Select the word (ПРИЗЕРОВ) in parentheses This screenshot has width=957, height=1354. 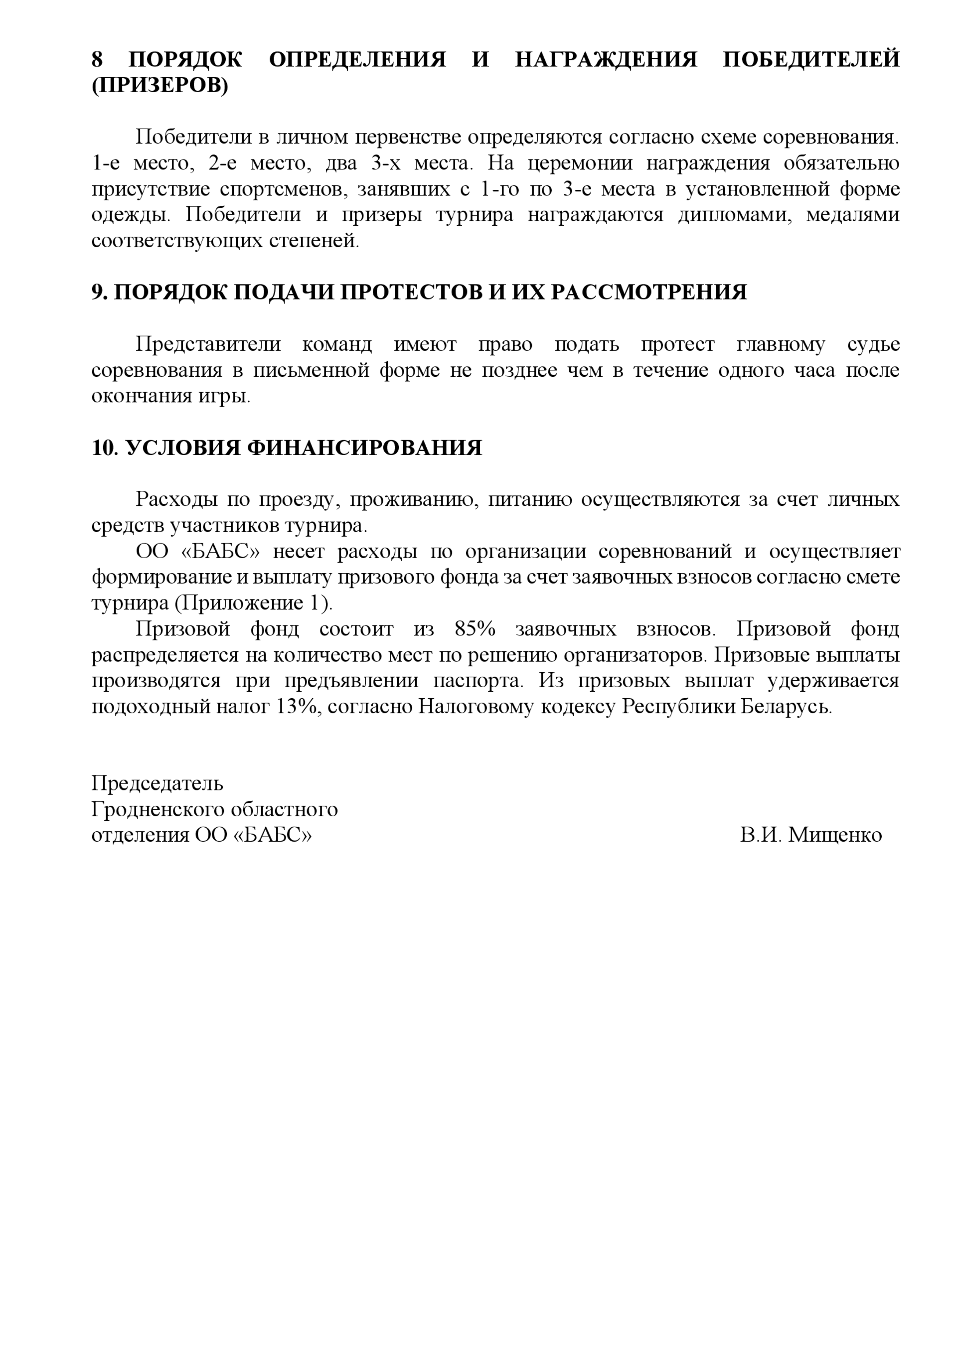click(x=159, y=86)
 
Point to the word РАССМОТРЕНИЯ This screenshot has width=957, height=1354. click(x=648, y=292)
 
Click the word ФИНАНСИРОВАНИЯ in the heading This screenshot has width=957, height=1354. click(x=363, y=448)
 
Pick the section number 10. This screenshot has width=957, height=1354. click(x=105, y=448)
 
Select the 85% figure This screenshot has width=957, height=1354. click(x=475, y=628)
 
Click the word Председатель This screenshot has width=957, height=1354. click(x=157, y=783)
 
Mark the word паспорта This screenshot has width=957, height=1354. click(x=478, y=681)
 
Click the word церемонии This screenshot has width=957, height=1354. click(x=579, y=163)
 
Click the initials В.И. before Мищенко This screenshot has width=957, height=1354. click(x=761, y=835)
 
